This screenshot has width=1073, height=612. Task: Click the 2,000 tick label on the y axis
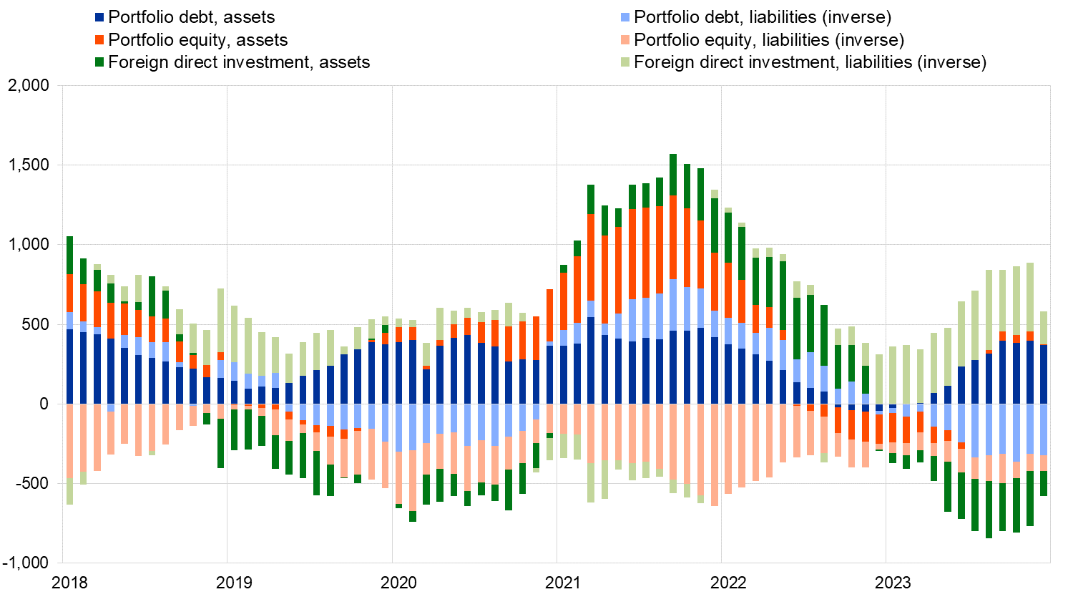28,86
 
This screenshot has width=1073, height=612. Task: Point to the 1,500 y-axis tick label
28,165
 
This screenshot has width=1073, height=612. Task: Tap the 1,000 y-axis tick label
28,245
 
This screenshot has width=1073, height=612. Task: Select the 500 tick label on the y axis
36,324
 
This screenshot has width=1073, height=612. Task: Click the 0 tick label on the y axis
44,404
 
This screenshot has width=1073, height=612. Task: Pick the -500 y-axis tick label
32,484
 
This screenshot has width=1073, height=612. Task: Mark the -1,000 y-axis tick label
26,563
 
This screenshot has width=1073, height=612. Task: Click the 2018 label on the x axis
70,583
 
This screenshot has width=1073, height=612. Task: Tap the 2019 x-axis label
234,583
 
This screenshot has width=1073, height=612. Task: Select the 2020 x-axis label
398,583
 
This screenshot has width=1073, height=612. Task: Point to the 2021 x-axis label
563,583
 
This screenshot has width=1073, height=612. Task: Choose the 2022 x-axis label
728,583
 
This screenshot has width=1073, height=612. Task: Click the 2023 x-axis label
893,583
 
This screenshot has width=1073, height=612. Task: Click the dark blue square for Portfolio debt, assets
100,17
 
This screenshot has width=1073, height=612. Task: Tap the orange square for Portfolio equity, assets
100,40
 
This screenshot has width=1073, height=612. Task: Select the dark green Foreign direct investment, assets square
100,62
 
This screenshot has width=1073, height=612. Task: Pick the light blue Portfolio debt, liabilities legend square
626,17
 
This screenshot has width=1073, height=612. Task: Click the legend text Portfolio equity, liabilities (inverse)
769,40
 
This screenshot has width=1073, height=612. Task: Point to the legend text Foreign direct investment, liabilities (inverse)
810,62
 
